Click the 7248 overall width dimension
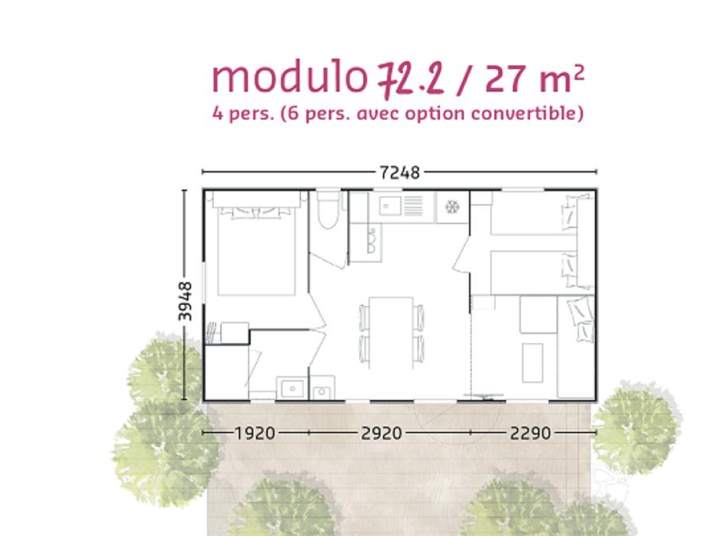400,173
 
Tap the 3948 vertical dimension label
185,301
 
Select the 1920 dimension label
255,433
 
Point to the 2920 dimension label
381,433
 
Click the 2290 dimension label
531,433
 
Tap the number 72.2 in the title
411,79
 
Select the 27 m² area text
535,79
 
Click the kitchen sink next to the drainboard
390,206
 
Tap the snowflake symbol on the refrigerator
452,207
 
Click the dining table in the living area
391,332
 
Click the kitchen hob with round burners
371,241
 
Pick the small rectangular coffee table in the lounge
532,363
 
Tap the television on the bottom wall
483,396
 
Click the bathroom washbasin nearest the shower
292,388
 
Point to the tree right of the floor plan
637,430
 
